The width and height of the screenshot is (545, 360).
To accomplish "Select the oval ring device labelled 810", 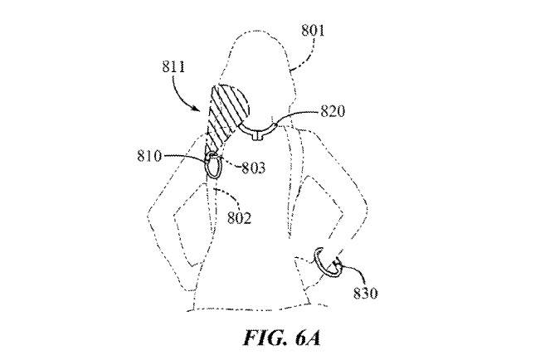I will click(213, 166).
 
